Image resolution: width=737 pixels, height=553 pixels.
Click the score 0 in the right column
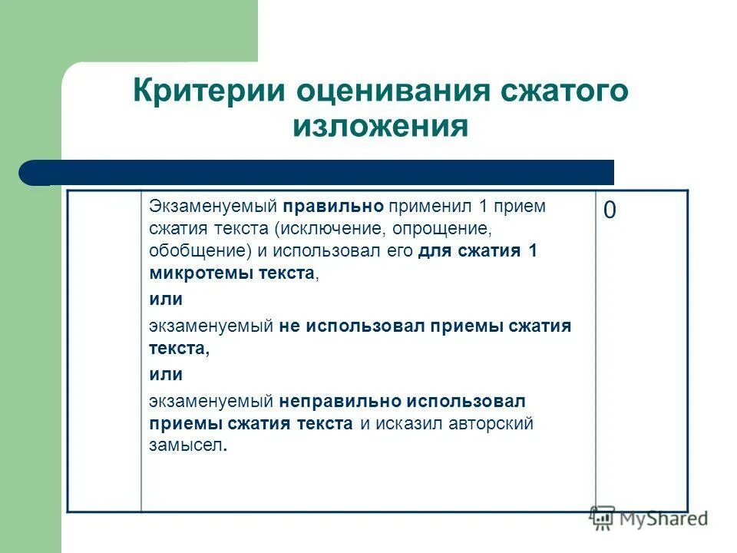pyautogui.click(x=609, y=211)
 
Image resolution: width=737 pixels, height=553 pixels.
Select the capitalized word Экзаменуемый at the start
pyautogui.click(x=213, y=207)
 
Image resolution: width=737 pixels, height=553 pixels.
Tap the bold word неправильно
pyautogui.click(x=342, y=401)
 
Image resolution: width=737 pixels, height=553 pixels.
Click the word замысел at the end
pyautogui.click(x=187, y=445)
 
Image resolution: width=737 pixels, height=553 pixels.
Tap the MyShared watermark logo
pyautogui.click(x=649, y=518)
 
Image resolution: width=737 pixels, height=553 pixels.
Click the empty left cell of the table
pyautogui.click(x=104, y=350)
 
